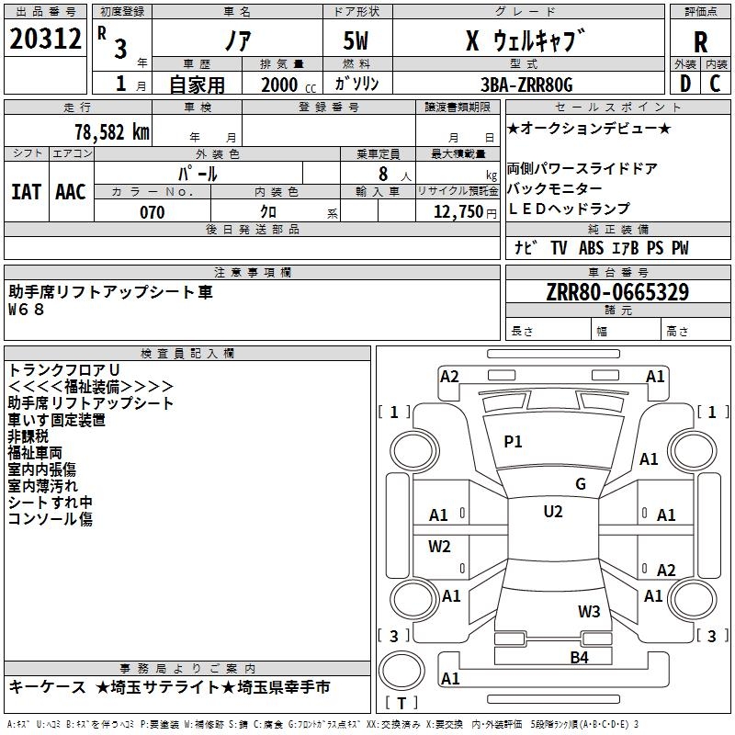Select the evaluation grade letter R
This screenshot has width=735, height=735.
700,41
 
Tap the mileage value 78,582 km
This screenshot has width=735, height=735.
111,130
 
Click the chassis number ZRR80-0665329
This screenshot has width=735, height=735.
617,292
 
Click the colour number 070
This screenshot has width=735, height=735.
152,212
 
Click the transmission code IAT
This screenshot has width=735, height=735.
26,191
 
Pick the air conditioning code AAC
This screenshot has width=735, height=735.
71,191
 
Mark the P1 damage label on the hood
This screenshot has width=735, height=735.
513,442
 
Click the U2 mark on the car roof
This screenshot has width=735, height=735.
552,512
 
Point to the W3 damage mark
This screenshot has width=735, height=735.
589,611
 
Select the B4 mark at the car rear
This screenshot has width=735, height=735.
579,657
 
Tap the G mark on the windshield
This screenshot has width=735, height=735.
581,484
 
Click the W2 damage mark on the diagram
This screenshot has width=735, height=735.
440,547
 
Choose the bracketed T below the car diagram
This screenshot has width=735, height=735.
401,703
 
